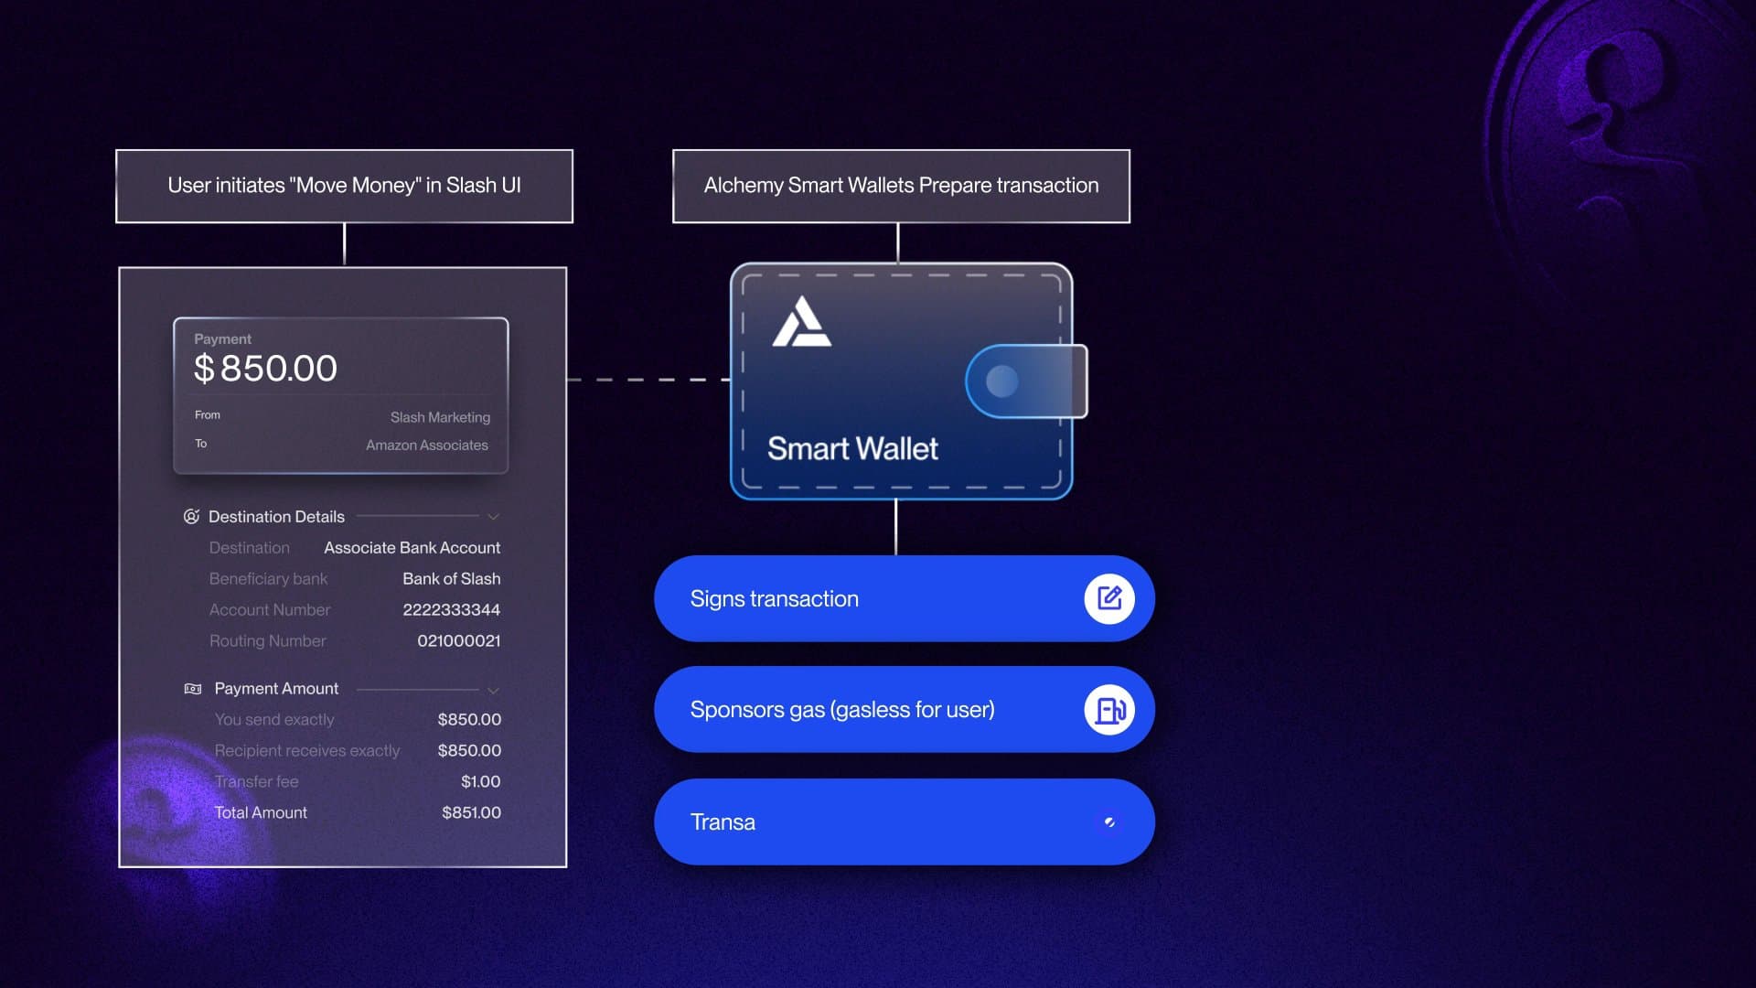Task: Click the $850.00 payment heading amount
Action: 265,369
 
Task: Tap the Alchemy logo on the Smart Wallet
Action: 801,323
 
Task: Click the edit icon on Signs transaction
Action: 1108,599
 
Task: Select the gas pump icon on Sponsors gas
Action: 1108,710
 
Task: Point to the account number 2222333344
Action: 451,610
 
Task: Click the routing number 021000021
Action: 458,641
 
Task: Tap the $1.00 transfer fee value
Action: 480,782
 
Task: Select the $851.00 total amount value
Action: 471,813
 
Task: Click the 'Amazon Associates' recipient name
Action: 426,446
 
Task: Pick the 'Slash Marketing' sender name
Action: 440,417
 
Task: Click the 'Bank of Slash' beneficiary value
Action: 451,579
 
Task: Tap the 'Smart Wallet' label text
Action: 852,449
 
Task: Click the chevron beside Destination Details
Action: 493,518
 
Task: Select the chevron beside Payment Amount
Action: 493,691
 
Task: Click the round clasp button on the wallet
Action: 1001,381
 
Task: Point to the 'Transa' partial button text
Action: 723,822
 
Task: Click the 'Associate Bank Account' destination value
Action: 412,548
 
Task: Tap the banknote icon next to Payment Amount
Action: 193,689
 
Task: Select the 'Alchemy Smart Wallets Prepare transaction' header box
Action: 901,186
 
